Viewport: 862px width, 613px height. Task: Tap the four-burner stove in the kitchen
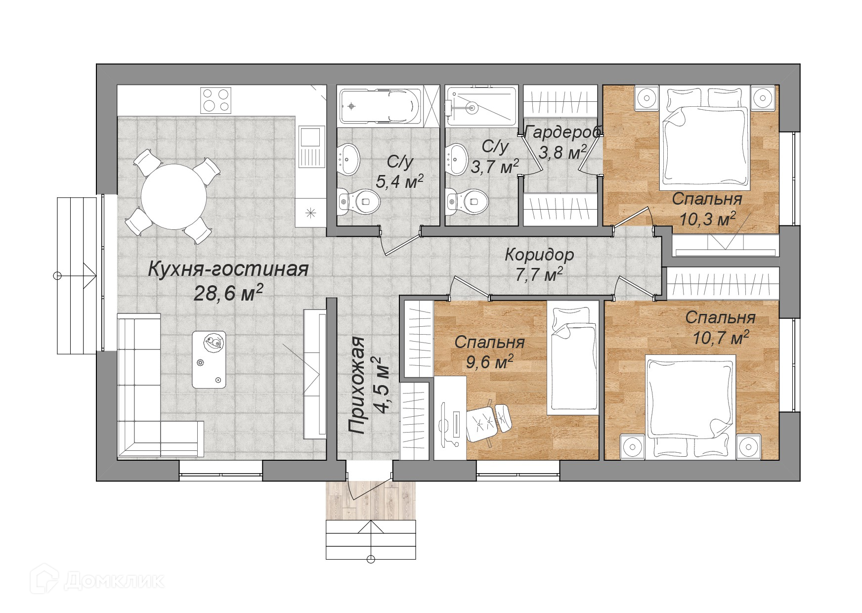(216, 100)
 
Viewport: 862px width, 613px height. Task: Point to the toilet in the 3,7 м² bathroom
(467, 202)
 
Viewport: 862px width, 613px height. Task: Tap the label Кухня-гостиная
(228, 269)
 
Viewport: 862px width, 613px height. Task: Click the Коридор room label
(539, 255)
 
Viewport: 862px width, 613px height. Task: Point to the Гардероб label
(562, 132)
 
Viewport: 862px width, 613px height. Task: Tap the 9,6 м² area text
(489, 362)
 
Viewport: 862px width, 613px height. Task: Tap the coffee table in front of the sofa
(209, 359)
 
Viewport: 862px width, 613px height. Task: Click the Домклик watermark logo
(97, 580)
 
